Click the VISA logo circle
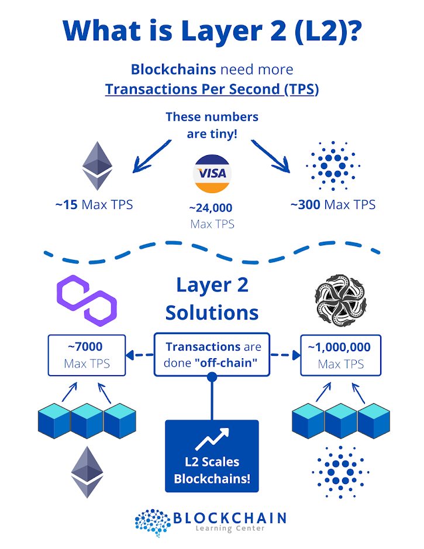(x=212, y=174)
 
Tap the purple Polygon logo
(x=86, y=300)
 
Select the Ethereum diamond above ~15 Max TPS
(x=97, y=166)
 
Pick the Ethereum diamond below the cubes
(x=87, y=472)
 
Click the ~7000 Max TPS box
(x=87, y=355)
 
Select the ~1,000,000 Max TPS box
(x=340, y=355)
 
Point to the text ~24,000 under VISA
(x=211, y=208)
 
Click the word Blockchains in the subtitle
(x=173, y=69)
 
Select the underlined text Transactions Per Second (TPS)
(x=212, y=90)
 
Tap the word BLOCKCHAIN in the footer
(x=229, y=517)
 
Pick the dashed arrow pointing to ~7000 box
(x=139, y=355)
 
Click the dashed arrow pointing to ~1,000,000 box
(x=285, y=355)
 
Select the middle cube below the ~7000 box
(x=87, y=417)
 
